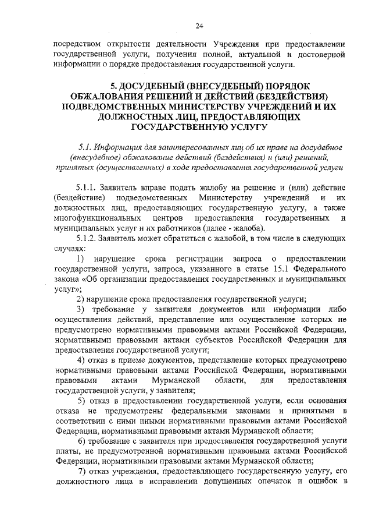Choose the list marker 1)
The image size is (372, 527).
(81, 258)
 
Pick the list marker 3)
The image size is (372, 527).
(81, 309)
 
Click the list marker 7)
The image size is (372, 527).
(81, 471)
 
